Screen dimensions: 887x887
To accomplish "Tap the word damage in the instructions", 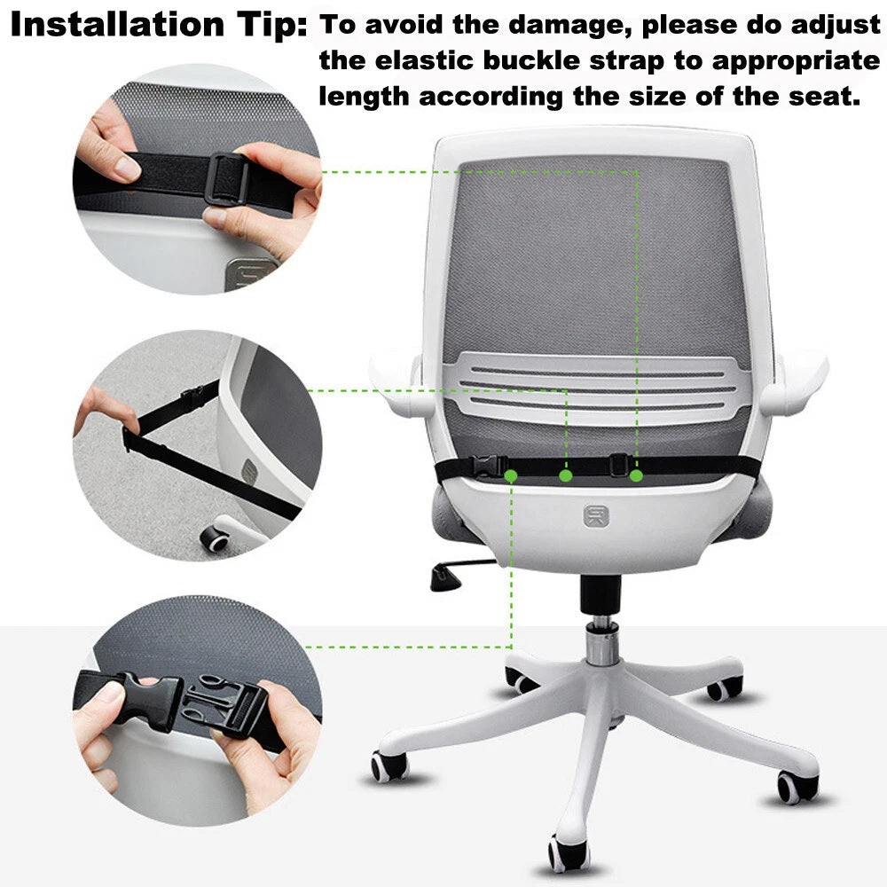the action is pyautogui.click(x=569, y=26).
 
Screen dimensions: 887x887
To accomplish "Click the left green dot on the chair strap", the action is pyautogui.click(x=511, y=475).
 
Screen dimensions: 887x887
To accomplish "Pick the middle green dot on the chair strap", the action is pyautogui.click(x=566, y=475).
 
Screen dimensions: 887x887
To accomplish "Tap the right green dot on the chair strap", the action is pyautogui.click(x=636, y=475).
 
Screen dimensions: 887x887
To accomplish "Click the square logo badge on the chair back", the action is pyautogui.click(x=596, y=516).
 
